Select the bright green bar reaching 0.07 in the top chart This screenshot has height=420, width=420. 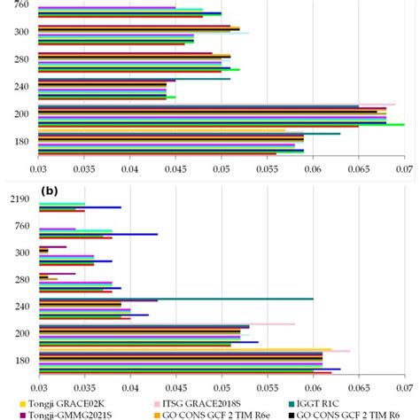click(x=222, y=125)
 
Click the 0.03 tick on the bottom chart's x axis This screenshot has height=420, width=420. click(x=38, y=387)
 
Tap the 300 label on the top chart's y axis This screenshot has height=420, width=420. click(x=19, y=32)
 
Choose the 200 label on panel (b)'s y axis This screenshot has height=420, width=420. click(x=19, y=333)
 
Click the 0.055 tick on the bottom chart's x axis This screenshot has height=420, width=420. click(x=268, y=387)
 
